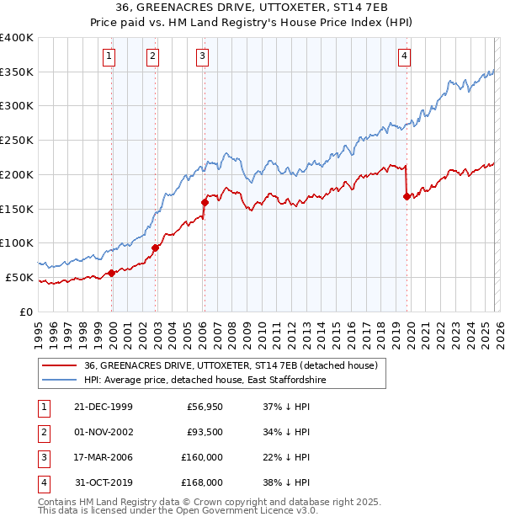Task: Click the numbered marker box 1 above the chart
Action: point(111,56)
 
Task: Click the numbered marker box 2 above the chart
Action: point(152,56)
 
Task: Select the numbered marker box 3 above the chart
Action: point(203,56)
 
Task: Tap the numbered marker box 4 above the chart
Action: point(405,56)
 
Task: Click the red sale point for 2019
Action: point(407,196)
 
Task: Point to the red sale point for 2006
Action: point(205,202)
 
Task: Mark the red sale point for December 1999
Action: point(112,273)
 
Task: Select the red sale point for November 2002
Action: point(155,248)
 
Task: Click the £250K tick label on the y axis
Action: point(17,140)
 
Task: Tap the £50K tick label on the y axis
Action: point(19,277)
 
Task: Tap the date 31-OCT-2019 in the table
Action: point(102,482)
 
